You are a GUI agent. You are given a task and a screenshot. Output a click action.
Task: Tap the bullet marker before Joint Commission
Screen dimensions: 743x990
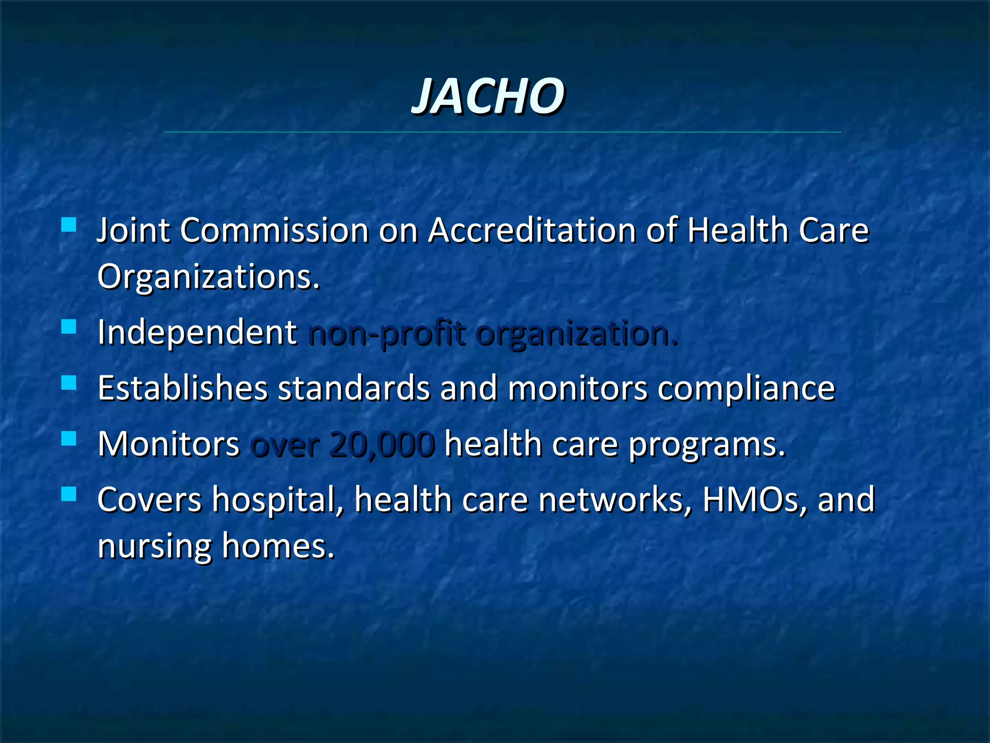pos(69,224)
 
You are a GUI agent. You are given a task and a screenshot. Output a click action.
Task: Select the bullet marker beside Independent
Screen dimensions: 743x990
pos(69,327)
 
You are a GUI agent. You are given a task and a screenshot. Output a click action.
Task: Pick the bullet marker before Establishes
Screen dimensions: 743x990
pos(69,383)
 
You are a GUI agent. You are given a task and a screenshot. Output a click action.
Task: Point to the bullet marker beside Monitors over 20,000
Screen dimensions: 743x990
pos(69,438)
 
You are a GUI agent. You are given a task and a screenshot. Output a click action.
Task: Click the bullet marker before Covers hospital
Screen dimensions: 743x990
pos(69,494)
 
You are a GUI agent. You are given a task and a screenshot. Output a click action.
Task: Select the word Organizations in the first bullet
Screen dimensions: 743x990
pos(208,277)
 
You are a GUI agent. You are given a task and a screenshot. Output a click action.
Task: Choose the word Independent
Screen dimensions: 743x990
pos(197,333)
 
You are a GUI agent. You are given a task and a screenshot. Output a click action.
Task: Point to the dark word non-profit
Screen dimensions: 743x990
pos(387,334)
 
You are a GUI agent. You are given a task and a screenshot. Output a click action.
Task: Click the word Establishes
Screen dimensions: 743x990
pos(183,388)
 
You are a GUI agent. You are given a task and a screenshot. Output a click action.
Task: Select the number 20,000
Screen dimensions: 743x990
pos(382,445)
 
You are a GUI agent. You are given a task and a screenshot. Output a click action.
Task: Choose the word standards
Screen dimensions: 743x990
pos(353,388)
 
